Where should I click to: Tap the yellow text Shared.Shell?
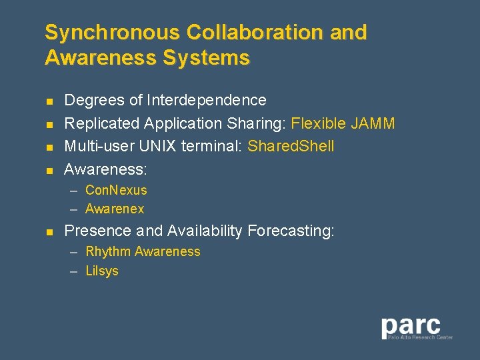[x=291, y=146]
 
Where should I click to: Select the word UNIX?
[x=161, y=146]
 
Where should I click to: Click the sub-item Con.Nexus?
[x=116, y=190]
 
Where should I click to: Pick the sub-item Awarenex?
[x=115, y=209]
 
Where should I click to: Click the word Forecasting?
[x=290, y=231]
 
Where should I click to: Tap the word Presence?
[x=98, y=231]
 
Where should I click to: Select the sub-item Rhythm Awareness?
[x=143, y=251]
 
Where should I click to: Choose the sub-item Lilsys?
[x=102, y=271]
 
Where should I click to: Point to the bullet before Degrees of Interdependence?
[x=49, y=101]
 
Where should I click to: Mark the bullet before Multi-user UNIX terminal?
[x=49, y=147]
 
